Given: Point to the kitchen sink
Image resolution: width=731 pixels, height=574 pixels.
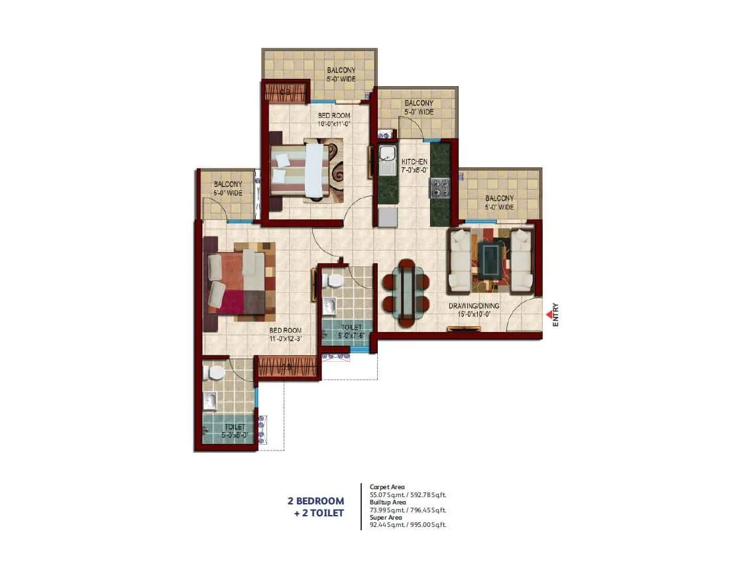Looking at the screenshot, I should pos(387,160).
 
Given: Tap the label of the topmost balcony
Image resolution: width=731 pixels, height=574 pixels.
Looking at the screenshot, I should pos(341,75).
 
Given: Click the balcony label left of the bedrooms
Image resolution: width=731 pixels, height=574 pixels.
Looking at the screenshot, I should pos(227,188).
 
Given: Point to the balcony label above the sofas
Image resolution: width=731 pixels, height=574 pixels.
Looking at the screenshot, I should pos(499,202).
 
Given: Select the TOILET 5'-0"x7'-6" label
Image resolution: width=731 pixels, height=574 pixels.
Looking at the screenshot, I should pos(351,331).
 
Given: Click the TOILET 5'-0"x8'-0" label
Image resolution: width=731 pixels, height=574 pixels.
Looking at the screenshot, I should pos(234,431).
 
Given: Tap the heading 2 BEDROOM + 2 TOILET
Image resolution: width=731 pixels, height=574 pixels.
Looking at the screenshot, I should pos(315,506).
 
